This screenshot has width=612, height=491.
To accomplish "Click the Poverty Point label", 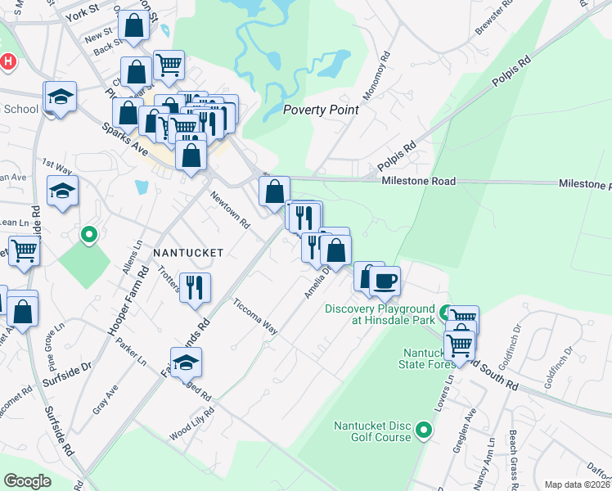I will click(x=320, y=110).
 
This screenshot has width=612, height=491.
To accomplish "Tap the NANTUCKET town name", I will click(x=188, y=254).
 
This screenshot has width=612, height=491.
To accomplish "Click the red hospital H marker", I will click(x=7, y=61).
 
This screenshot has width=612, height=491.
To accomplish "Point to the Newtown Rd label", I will click(x=229, y=209).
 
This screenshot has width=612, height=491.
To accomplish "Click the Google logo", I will click(x=28, y=480).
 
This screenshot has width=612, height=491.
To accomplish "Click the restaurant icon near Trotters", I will click(x=195, y=287).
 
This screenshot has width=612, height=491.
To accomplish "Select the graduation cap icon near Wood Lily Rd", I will click(x=187, y=361).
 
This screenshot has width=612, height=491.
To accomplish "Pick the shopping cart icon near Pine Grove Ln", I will click(x=24, y=250).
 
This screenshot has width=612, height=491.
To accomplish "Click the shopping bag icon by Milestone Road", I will click(x=274, y=191).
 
